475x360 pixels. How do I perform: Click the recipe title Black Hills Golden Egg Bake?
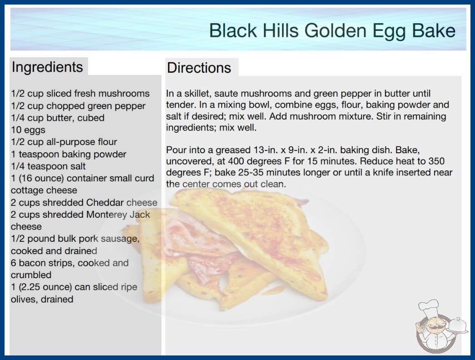coord(332,30)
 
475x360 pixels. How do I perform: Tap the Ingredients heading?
coord(47,67)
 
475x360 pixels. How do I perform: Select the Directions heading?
coord(199,68)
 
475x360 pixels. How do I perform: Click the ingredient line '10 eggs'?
coord(28,130)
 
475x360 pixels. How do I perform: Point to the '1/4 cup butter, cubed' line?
coord(58,118)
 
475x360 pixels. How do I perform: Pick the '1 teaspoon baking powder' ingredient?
coord(69,154)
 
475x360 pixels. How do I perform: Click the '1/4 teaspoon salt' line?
coord(48,166)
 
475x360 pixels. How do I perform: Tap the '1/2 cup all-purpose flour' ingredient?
coord(64,142)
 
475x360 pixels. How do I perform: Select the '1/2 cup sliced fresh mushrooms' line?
coord(80,94)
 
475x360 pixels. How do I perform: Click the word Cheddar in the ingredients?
coord(105,202)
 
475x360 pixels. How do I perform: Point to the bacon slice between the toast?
coord(200,245)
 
